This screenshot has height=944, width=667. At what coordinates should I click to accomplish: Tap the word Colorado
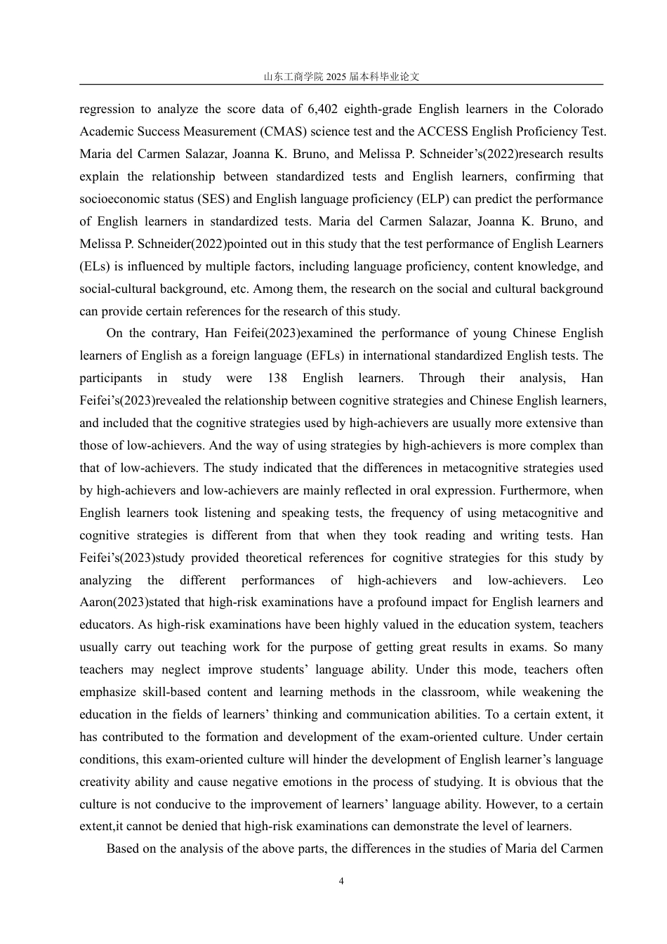[578, 109]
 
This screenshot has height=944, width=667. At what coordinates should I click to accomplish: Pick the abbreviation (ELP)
[418, 199]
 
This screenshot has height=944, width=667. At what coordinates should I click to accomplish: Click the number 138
[277, 378]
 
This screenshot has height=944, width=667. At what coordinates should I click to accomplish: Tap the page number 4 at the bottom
[341, 881]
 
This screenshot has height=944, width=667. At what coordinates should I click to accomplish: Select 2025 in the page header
[336, 77]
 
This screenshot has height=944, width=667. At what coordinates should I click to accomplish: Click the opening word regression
[107, 109]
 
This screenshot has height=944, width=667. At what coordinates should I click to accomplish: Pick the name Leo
[593, 580]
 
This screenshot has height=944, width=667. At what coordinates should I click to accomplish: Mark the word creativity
[104, 782]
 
